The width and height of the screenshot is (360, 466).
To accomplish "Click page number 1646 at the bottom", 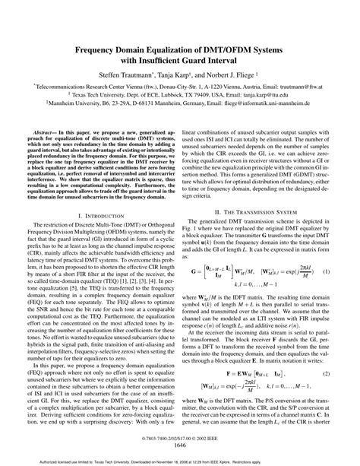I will coord(180,445).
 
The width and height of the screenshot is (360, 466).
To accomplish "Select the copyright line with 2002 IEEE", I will coord(180,439).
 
